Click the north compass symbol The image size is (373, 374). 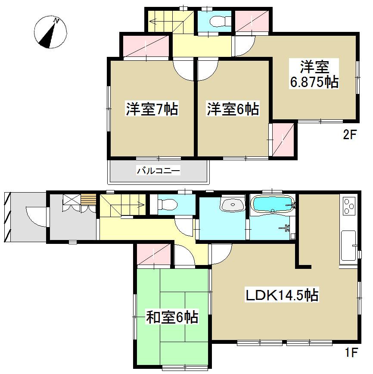51,31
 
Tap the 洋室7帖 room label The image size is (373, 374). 152,109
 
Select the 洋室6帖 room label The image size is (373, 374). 233,109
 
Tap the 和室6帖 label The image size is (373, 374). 172,318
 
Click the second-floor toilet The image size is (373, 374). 214,21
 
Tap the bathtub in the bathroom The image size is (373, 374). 274,204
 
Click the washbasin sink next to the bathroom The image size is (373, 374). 233,204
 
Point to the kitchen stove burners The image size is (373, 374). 348,206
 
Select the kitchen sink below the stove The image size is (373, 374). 348,245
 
